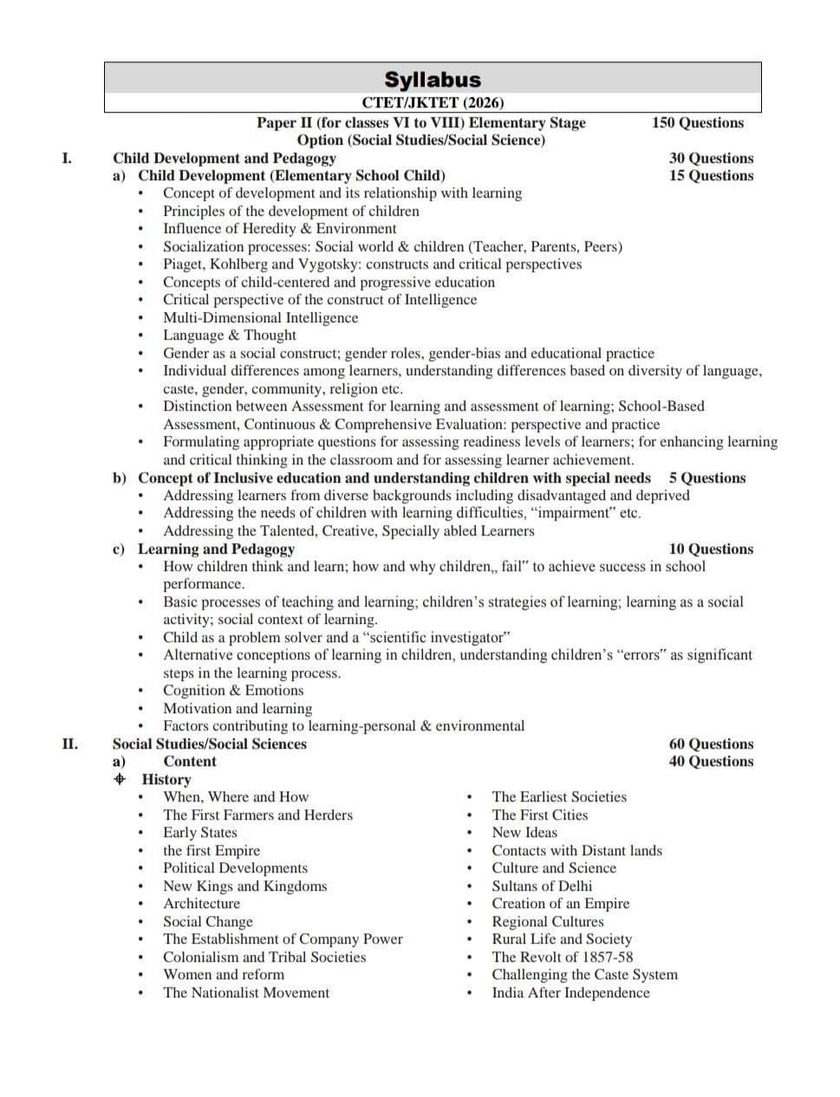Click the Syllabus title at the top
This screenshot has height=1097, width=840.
pyautogui.click(x=432, y=80)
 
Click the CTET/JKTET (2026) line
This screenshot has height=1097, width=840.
pyautogui.click(x=432, y=102)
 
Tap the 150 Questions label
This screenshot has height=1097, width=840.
pyautogui.click(x=697, y=123)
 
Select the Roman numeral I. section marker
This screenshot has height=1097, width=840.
pyautogui.click(x=67, y=158)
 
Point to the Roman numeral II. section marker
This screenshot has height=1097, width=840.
pyautogui.click(x=69, y=743)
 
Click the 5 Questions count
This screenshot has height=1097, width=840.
pyautogui.click(x=707, y=477)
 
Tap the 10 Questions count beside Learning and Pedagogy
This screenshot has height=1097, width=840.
pyautogui.click(x=711, y=548)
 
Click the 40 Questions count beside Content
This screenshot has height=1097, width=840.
pyautogui.click(x=711, y=762)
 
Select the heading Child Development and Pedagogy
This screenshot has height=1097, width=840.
pyautogui.click(x=224, y=158)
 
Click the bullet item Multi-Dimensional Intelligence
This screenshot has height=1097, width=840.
pyautogui.click(x=260, y=317)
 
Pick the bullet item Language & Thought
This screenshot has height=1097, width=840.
pyautogui.click(x=229, y=335)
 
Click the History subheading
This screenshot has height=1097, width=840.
pyautogui.click(x=166, y=779)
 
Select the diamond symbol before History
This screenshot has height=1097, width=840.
pyautogui.click(x=120, y=779)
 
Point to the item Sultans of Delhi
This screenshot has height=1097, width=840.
pyautogui.click(x=542, y=886)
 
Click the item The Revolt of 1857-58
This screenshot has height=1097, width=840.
pyautogui.click(x=562, y=957)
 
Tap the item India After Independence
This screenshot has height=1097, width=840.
pyautogui.click(x=570, y=992)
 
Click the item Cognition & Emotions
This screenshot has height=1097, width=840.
pyautogui.click(x=233, y=691)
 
